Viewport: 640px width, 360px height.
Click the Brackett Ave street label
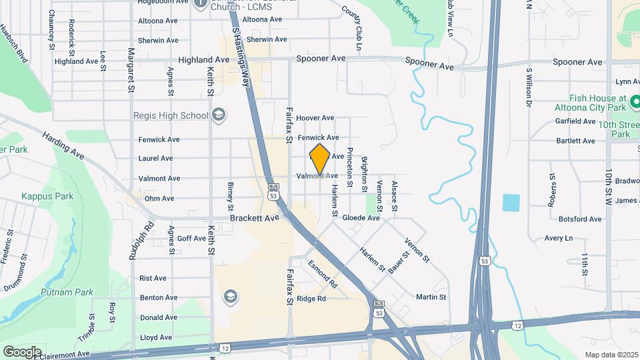tap(254, 218)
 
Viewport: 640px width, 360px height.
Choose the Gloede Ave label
tap(361, 218)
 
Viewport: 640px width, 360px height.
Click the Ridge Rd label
tap(311, 299)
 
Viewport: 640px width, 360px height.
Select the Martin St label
tap(431, 297)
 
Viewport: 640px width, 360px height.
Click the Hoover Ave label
tap(315, 118)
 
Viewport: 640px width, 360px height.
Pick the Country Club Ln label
tap(351, 28)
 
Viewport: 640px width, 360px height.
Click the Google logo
tap(22, 351)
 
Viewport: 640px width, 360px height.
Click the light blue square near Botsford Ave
tap(511, 203)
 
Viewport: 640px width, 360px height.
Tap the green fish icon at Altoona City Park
tap(635, 101)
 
